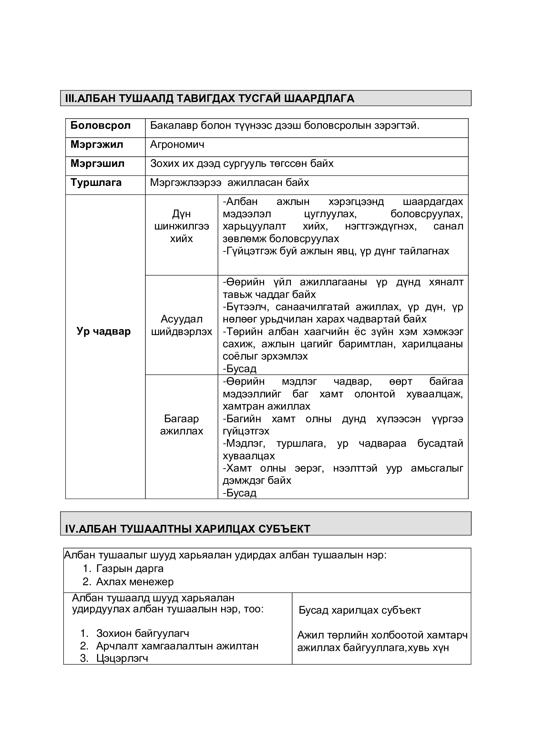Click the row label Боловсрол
(x=100, y=126)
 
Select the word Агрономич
(x=177, y=145)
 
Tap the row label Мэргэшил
(x=97, y=164)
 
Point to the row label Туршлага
(x=96, y=183)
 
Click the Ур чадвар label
(x=104, y=332)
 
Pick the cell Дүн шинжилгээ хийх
(x=181, y=226)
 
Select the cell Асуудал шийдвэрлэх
(x=181, y=325)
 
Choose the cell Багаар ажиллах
(x=181, y=425)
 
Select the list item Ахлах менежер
(x=135, y=582)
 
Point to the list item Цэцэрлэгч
(x=122, y=658)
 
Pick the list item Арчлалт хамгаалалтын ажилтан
(x=177, y=646)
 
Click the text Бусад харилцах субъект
(x=360, y=610)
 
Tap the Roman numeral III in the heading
(x=70, y=98)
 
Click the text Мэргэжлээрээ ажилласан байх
(x=230, y=183)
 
